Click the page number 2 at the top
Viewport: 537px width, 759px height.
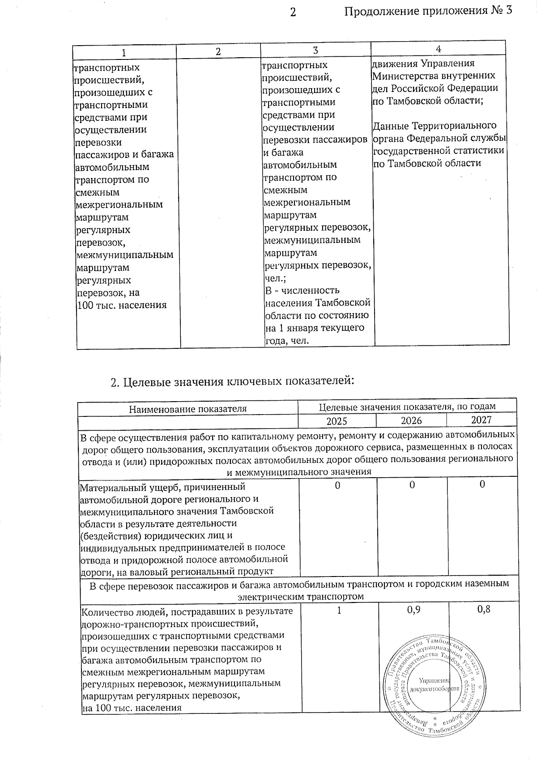point(293,12)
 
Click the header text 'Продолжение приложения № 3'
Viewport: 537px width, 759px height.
point(428,11)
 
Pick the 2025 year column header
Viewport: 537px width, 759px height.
point(337,421)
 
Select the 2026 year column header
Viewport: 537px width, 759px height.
point(411,420)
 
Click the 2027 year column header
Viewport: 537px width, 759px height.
point(482,420)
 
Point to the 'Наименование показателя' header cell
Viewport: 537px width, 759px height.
point(188,409)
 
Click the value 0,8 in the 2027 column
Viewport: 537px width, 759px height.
point(484,609)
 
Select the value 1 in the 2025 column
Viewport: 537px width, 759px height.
point(339,610)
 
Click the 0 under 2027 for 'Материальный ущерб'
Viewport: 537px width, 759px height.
point(482,484)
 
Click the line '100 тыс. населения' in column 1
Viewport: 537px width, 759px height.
point(122,305)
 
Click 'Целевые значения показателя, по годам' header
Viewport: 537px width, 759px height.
point(407,407)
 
